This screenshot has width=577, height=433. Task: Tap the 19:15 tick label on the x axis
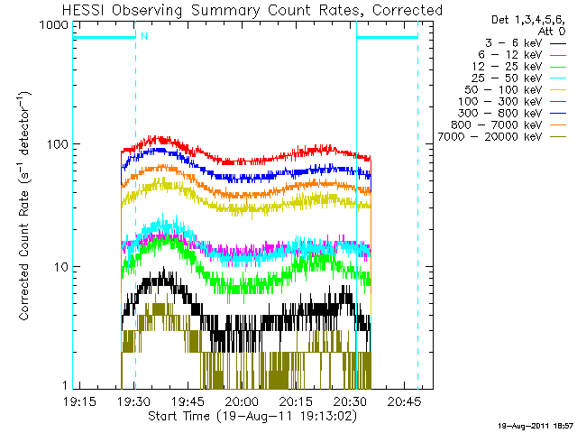coord(80,401)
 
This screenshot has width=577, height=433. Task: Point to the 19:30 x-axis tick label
coord(134,401)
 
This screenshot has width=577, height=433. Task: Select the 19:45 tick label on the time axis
coord(188,401)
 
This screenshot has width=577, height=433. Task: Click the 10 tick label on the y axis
coord(62,267)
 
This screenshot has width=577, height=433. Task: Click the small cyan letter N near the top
coord(143,35)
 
